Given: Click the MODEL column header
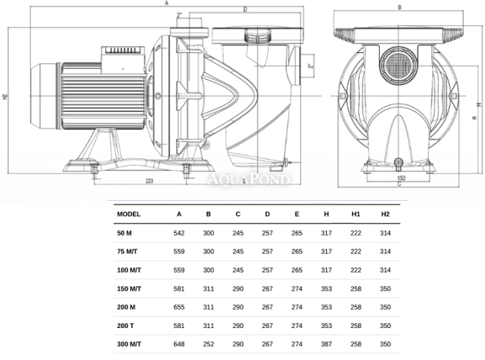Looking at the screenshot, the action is pos(128,214).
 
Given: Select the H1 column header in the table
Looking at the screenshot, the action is pos(356,214).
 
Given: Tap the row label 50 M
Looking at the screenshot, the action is pos(125,233).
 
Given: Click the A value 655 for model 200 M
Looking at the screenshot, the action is pos(179,308).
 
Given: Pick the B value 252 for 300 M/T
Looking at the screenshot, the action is pos(208,344).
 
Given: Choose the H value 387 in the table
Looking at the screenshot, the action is pos(326,344).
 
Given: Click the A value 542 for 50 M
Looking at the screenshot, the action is pos(179,233).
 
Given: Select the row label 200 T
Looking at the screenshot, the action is pos(125,326).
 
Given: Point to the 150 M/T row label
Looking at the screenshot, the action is pos(129,289).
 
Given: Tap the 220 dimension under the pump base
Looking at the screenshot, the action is pos(149,181).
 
